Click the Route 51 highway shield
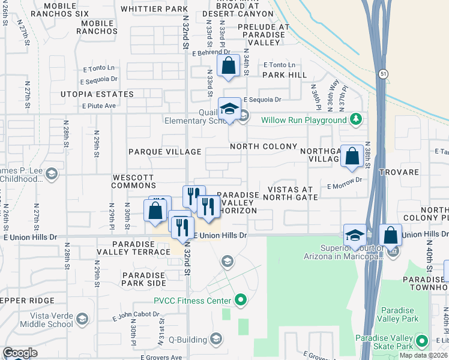(x=383, y=73)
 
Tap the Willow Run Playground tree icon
(x=355, y=119)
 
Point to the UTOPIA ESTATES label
(x=97, y=94)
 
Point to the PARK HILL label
(x=284, y=75)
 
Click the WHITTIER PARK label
(x=154, y=9)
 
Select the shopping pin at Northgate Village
(x=352, y=156)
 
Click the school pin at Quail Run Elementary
(x=229, y=110)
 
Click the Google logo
(x=20, y=353)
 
